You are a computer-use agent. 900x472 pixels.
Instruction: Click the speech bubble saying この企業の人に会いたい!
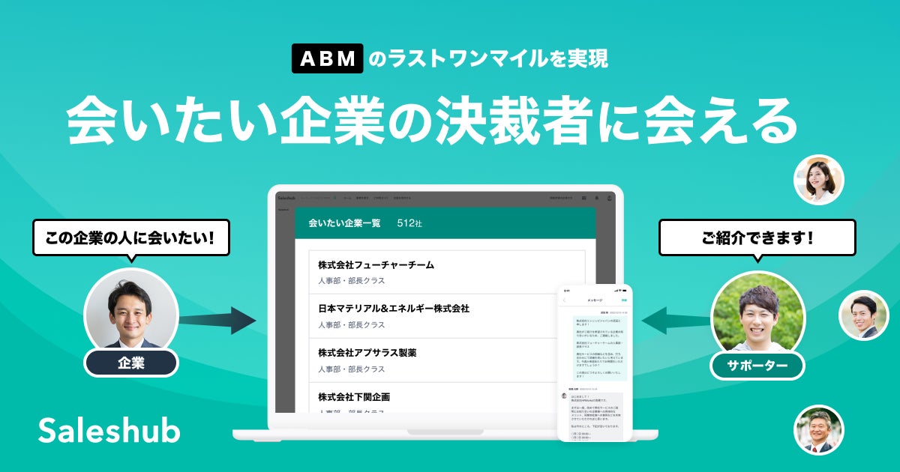click(x=130, y=239)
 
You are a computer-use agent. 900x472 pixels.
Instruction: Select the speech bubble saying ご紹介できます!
click(x=757, y=239)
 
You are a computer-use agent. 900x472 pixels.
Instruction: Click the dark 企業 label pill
click(x=130, y=363)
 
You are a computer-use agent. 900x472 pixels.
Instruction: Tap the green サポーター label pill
click(x=757, y=366)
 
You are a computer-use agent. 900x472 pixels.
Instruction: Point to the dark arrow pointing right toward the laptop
click(x=217, y=321)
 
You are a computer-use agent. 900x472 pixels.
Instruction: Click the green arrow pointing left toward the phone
click(x=675, y=321)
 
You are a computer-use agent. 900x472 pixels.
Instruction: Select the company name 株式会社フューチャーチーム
click(x=376, y=265)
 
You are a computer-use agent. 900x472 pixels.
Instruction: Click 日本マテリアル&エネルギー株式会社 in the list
click(x=393, y=309)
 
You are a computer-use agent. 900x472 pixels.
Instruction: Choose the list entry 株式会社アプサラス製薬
click(x=367, y=352)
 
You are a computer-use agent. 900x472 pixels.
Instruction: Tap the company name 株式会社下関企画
click(x=353, y=396)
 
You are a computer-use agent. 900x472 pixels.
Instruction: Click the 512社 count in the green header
click(x=409, y=223)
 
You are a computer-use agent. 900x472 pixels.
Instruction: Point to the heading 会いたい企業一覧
click(x=344, y=223)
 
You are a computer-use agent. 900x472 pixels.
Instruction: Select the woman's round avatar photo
click(x=818, y=180)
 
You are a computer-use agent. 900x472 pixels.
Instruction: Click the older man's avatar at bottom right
click(x=818, y=430)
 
